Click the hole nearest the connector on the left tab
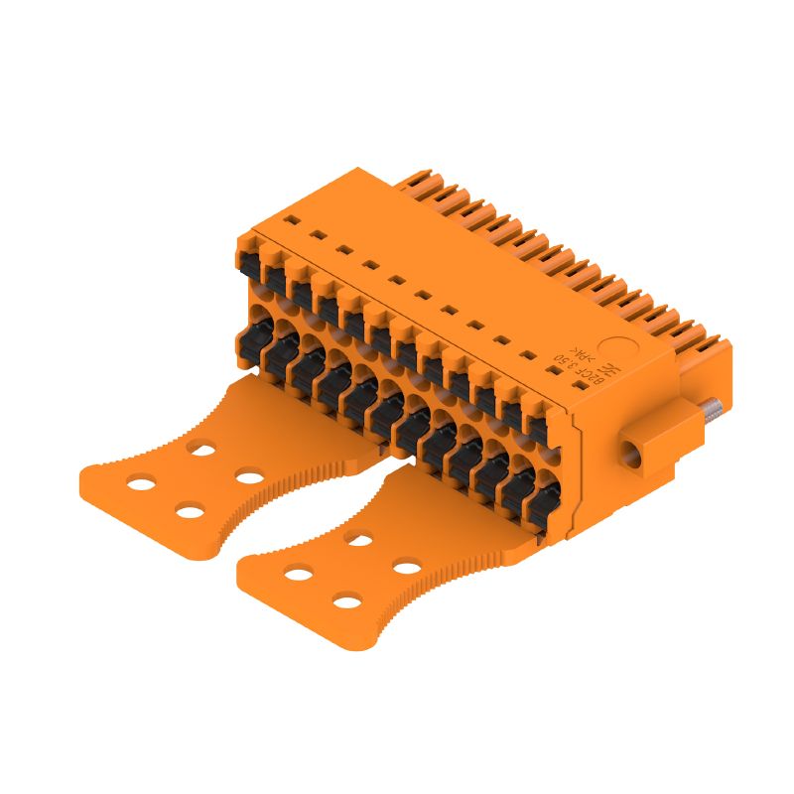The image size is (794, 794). pyautogui.click(x=203, y=449)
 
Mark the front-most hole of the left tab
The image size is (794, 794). pyautogui.click(x=186, y=511)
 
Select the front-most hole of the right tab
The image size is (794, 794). pyautogui.click(x=343, y=600)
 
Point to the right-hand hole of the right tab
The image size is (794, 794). pyautogui.click(x=405, y=568)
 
